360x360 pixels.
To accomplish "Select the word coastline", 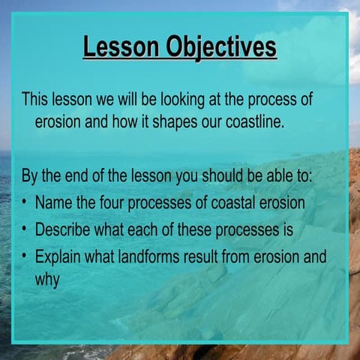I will (253, 121).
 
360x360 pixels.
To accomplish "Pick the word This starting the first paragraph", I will (35, 99).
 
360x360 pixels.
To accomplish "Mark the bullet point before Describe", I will (25, 229).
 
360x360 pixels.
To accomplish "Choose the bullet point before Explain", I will (25, 256).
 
